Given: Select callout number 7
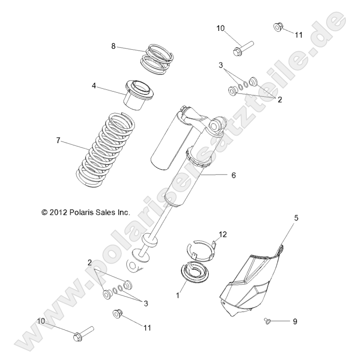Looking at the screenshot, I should tap(58, 141).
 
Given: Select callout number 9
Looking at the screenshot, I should tap(295, 322).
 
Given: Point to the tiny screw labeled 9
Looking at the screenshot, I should tap(267, 321).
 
